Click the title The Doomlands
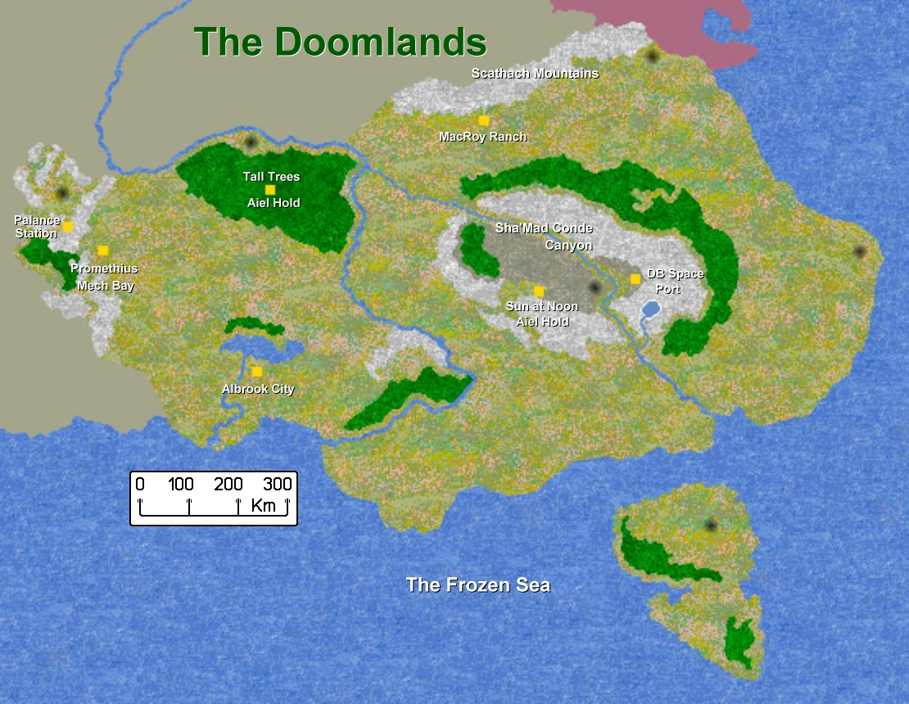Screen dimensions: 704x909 click(340, 42)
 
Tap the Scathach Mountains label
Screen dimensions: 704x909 click(535, 74)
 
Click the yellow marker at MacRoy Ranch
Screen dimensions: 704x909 click(484, 120)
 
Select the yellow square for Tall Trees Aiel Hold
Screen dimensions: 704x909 click(270, 190)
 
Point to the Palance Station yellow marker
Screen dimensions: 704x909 click(68, 227)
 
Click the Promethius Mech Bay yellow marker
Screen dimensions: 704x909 click(103, 250)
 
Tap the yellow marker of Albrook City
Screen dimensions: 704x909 click(257, 372)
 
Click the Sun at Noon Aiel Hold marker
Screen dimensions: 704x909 click(539, 291)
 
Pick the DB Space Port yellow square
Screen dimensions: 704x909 click(635, 279)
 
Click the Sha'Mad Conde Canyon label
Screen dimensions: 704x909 click(544, 236)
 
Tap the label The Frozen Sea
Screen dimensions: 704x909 click(478, 585)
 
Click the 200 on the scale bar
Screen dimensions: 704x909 click(228, 485)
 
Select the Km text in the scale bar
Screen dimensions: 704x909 click(264, 505)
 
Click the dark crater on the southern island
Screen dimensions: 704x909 click(710, 524)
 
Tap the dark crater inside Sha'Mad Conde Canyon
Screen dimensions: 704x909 click(595, 287)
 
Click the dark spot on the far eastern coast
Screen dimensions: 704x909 click(859, 251)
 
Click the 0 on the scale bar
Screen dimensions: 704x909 click(140, 485)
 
